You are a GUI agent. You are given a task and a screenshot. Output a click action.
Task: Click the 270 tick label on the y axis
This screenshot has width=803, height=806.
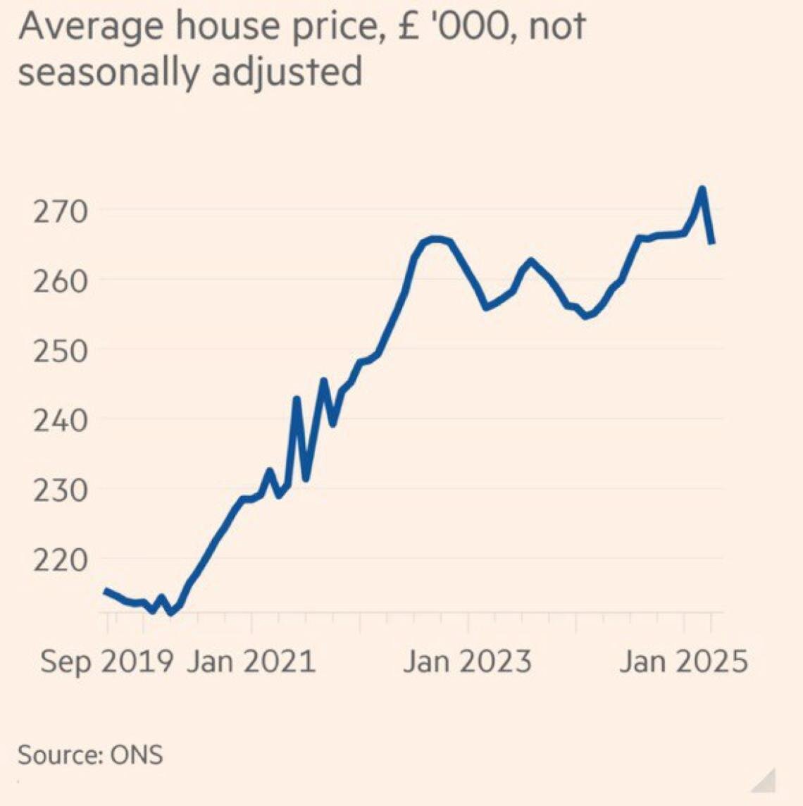[61, 211]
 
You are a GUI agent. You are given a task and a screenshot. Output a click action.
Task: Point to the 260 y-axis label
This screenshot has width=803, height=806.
[61, 280]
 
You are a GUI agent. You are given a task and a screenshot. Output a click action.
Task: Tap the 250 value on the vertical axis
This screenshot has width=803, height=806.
[61, 350]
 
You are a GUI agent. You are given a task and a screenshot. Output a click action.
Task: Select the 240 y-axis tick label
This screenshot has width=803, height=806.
[61, 420]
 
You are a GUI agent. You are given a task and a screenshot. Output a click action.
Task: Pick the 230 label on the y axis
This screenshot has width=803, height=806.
[61, 490]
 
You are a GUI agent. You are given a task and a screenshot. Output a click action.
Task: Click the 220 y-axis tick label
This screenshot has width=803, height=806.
[61, 559]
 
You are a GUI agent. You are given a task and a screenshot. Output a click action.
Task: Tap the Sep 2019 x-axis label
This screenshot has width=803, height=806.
[106, 662]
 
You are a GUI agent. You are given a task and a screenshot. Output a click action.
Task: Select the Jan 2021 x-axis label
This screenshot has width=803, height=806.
[251, 662]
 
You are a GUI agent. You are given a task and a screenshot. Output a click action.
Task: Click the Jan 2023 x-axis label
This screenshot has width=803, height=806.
[467, 662]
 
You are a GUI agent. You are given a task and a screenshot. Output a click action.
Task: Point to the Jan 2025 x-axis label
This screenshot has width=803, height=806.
[683, 662]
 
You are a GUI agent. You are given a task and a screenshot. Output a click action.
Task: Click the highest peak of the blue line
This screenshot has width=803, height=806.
[702, 189]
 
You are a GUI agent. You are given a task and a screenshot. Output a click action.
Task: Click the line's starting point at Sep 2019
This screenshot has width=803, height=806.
[106, 590]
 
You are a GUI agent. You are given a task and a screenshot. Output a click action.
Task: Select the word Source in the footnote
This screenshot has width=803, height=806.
[61, 755]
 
